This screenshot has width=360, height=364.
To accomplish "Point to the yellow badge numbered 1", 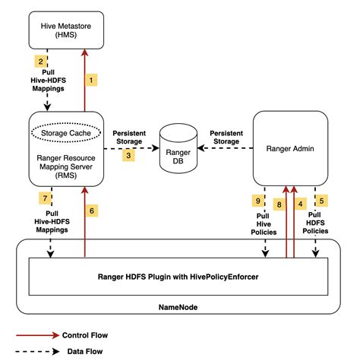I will (93, 78).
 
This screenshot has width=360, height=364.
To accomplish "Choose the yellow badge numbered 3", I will (129, 154).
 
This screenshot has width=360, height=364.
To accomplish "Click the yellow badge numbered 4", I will (302, 203).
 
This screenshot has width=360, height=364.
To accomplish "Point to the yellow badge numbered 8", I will (279, 203).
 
